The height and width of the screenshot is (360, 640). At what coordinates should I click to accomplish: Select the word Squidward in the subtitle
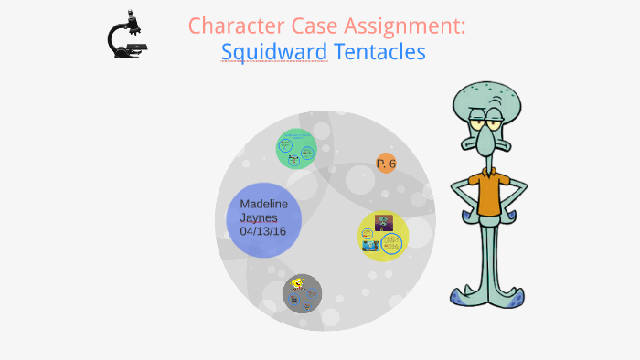tap(274, 52)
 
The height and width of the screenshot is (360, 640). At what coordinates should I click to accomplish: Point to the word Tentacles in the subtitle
tap(379, 52)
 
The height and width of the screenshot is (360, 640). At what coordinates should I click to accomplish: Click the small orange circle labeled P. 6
tap(386, 164)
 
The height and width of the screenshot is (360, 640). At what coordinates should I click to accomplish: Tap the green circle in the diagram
tap(296, 148)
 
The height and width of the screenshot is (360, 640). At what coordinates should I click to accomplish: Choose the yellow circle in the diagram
tap(382, 236)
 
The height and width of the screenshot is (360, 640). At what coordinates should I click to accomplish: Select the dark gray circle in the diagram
tap(302, 293)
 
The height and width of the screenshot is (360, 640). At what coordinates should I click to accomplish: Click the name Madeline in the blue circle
tap(262, 204)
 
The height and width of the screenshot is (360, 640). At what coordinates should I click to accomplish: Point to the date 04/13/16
tap(263, 231)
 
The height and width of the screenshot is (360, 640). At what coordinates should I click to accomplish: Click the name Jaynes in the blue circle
tap(259, 217)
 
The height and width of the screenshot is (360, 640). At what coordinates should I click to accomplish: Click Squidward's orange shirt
tap(489, 193)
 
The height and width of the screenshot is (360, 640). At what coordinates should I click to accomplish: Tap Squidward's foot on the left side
tap(466, 296)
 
